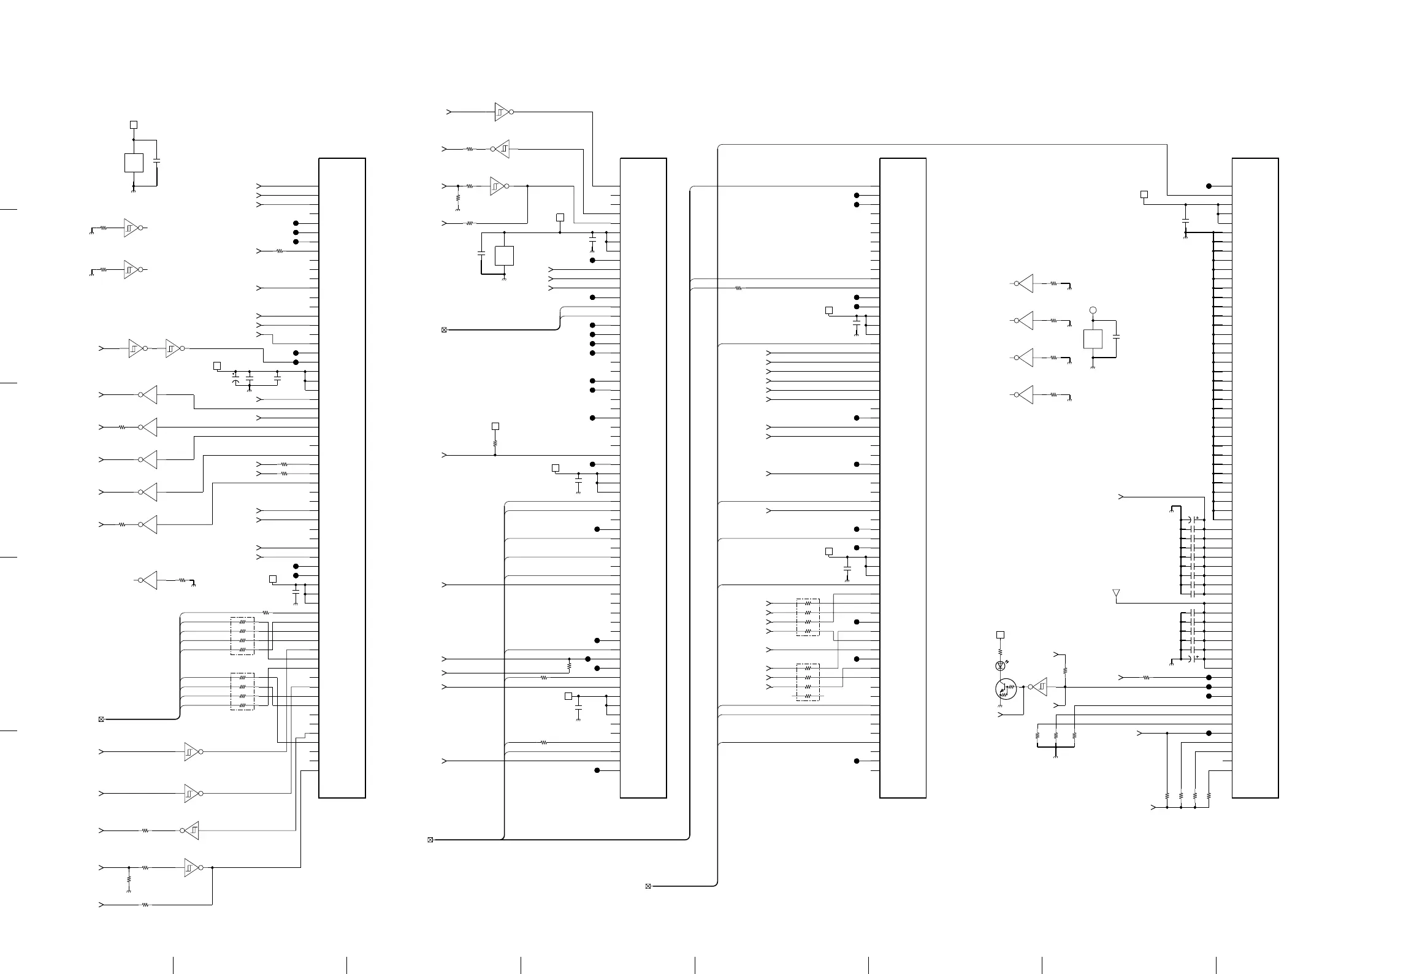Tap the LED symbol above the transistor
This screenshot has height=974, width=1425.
[x=1000, y=665]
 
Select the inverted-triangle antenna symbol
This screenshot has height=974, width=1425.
[x=1116, y=593]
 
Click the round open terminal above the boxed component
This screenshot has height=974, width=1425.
[x=1093, y=311]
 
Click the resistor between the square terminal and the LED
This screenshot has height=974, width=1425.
[x=1000, y=651]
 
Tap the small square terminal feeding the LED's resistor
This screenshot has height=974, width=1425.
[x=1000, y=635]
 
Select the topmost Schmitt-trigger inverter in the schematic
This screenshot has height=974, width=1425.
[x=502, y=112]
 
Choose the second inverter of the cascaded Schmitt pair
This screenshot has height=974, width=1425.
[x=172, y=348]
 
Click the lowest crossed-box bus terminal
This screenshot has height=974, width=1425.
[x=648, y=886]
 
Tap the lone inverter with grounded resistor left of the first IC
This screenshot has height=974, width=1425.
[x=149, y=580]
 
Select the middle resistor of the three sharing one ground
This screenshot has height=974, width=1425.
[x=1056, y=735]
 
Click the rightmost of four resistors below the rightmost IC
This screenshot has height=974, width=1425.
[x=1209, y=796]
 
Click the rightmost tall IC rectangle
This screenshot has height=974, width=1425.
[x=1255, y=478]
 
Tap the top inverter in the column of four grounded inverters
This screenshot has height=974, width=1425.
[x=1025, y=283]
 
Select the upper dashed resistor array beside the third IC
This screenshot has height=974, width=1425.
[x=808, y=617]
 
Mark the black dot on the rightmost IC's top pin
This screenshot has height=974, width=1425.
[x=1209, y=186]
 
